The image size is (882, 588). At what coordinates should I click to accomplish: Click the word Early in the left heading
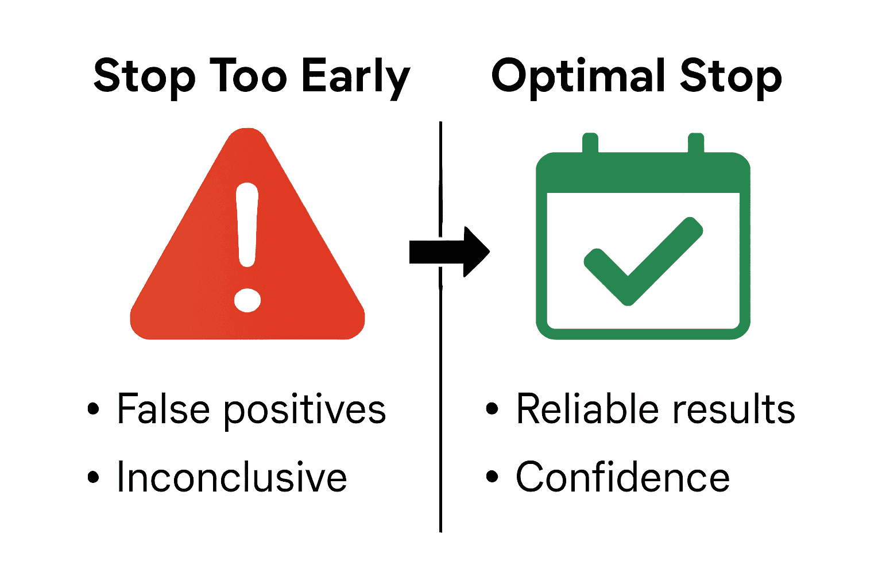(x=355, y=76)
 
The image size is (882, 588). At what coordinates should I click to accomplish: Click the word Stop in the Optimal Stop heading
(x=730, y=76)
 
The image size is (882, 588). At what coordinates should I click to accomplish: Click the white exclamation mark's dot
(x=247, y=300)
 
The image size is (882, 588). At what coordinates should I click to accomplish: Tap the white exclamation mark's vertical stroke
(x=247, y=224)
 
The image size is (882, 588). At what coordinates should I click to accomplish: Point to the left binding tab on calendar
(x=590, y=144)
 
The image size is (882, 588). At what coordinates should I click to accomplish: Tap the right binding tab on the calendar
(x=696, y=144)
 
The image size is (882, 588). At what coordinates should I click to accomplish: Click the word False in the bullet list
(x=163, y=409)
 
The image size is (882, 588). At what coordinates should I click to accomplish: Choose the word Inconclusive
(x=232, y=477)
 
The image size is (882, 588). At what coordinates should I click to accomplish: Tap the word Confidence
(x=622, y=477)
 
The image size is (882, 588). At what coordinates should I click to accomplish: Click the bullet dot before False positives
(x=93, y=409)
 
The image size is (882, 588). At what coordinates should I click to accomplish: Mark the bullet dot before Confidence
(x=492, y=477)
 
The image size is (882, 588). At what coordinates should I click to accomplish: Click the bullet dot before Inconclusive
(x=93, y=477)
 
